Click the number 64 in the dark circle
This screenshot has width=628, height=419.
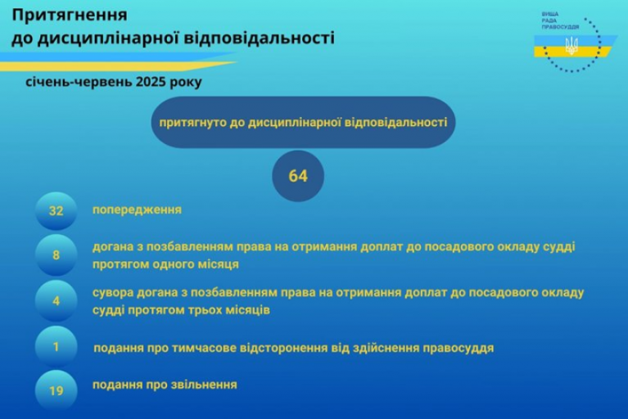[298, 176]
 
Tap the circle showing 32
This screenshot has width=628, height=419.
[56, 211]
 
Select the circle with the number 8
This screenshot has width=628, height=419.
[56, 255]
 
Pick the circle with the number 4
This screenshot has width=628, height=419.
[56, 301]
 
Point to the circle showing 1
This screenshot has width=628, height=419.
[56, 346]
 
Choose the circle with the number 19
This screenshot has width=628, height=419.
[56, 390]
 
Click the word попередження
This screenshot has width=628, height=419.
[137, 210]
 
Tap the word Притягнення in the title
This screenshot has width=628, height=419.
[70, 16]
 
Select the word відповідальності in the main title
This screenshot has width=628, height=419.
[260, 38]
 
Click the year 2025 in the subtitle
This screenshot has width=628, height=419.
[151, 82]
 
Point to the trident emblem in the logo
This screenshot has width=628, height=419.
[572, 46]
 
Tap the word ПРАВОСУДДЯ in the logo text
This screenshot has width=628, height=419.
[560, 27]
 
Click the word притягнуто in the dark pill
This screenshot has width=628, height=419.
[193, 123]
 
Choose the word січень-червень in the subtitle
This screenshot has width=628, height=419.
[79, 82]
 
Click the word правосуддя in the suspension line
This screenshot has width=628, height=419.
[459, 348]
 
